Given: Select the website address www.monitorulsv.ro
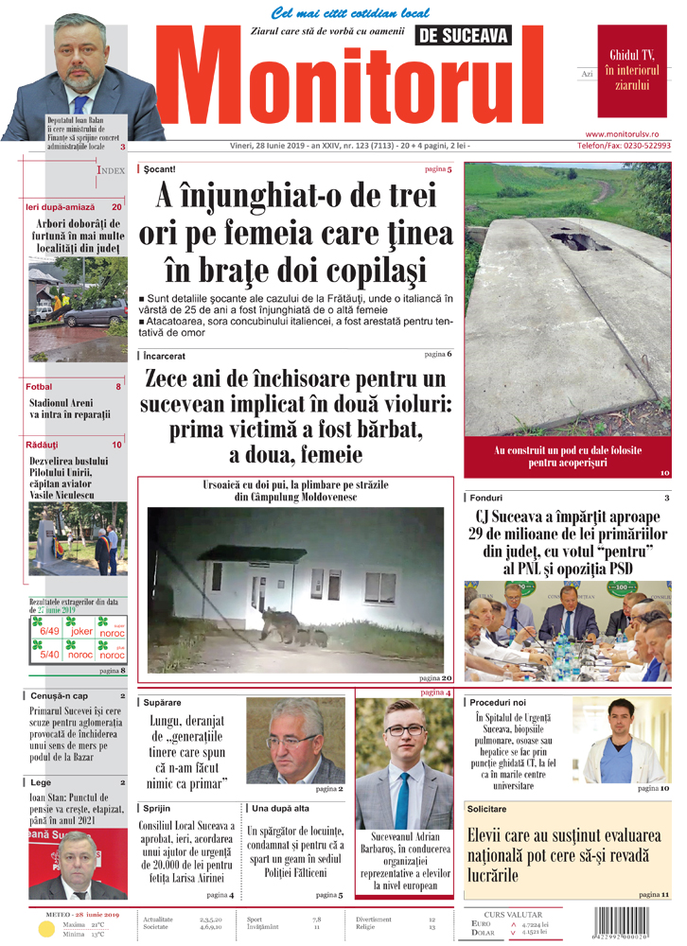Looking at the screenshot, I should click(x=628, y=135).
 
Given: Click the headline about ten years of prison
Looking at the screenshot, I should click(x=296, y=417).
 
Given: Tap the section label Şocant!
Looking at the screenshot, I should click(x=159, y=169).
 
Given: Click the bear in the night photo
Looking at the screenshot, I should click(x=284, y=625).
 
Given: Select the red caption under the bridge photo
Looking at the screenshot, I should click(x=568, y=457).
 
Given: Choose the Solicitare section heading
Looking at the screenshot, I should click(x=487, y=809).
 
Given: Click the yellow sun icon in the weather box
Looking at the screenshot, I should click(x=46, y=928).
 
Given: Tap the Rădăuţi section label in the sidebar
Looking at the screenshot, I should click(x=43, y=444).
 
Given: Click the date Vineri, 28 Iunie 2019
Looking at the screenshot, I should click(x=278, y=146).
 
